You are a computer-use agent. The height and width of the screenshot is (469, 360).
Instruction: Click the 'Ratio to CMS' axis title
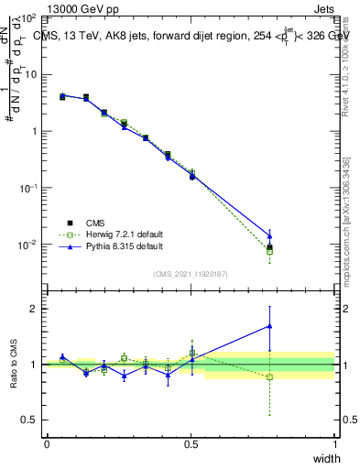(16, 365)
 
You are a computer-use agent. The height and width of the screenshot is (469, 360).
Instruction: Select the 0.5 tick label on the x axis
(191, 445)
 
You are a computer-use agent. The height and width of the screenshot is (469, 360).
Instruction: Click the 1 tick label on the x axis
(334, 445)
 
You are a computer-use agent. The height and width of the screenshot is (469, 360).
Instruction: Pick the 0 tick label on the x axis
(47, 445)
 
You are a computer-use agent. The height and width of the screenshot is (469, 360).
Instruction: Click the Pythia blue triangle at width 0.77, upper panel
(269, 235)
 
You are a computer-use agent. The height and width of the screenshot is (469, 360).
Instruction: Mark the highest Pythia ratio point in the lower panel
(269, 325)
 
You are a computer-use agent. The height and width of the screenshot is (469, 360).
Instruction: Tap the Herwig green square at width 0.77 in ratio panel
(269, 377)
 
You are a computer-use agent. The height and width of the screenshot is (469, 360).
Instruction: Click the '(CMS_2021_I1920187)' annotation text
(191, 273)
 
